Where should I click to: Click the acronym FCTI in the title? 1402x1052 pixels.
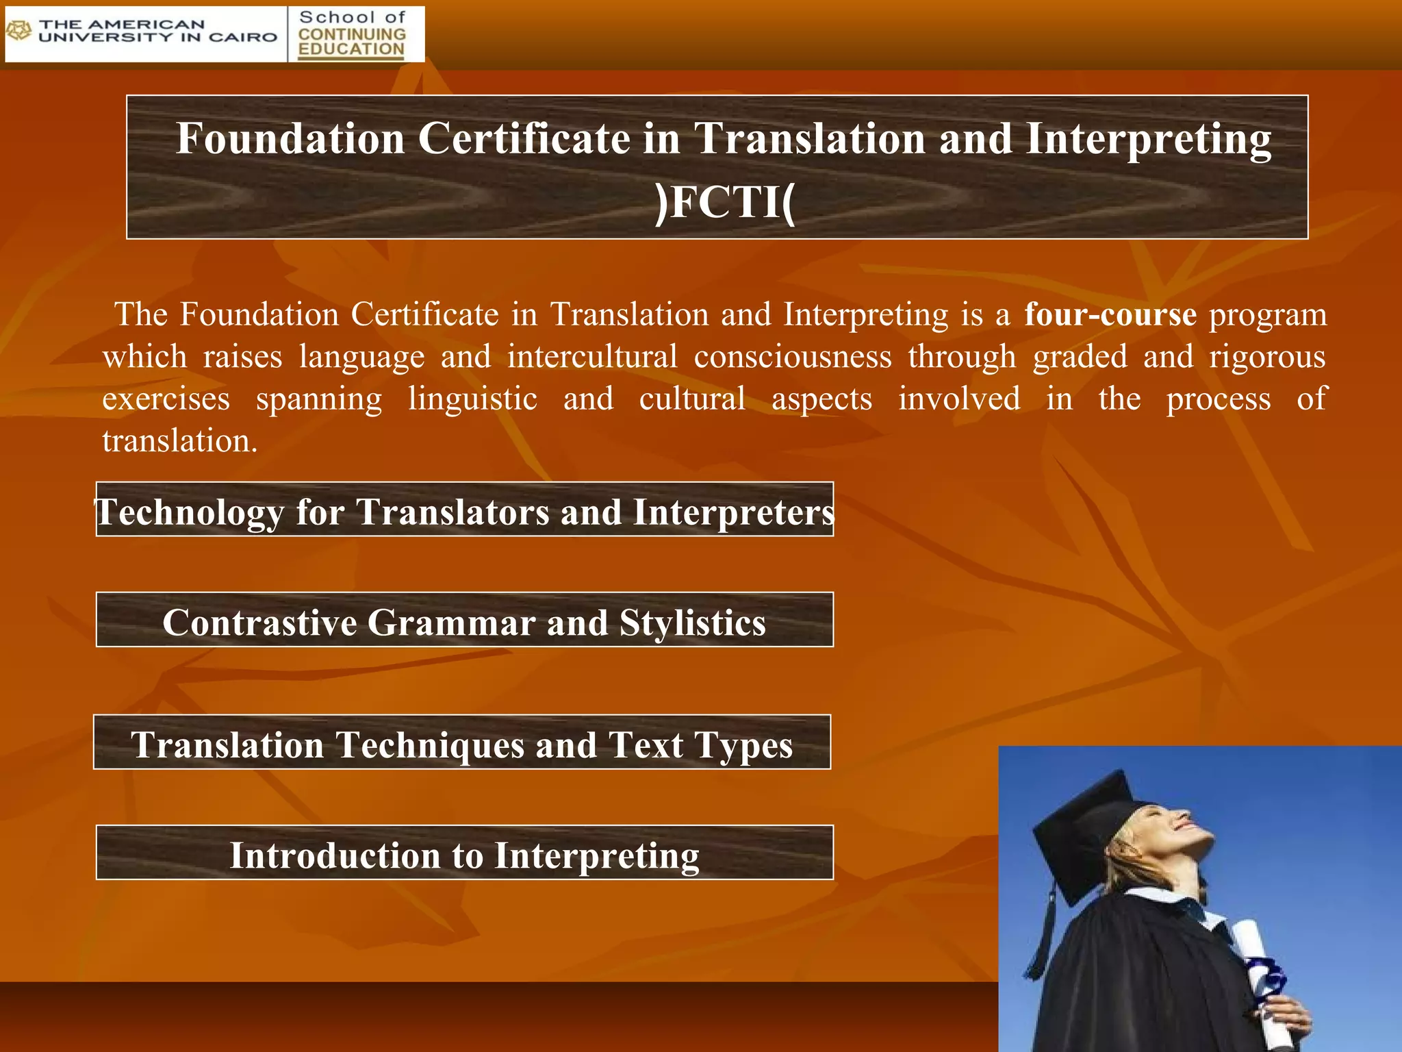725,203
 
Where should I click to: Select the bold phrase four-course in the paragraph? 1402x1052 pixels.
1110,315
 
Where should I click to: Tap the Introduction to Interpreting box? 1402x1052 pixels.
464,853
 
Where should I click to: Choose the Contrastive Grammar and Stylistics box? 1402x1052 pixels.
464,621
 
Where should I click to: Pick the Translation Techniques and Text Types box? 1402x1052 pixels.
462,743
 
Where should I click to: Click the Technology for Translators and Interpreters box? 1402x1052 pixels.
464,510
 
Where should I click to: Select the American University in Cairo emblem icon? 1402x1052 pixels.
19,31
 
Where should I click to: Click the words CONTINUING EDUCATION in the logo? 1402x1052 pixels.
352,42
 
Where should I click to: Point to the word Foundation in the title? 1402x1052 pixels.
290,139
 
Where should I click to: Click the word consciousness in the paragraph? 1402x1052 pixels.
793,357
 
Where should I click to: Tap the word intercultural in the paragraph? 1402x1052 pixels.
592,357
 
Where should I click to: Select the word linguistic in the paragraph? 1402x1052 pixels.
472,399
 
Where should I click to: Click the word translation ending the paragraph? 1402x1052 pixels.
179,441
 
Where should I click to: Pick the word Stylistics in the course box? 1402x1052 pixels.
692,623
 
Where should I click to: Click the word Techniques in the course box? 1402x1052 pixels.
430,745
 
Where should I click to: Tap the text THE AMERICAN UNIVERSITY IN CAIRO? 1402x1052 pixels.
157,32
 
